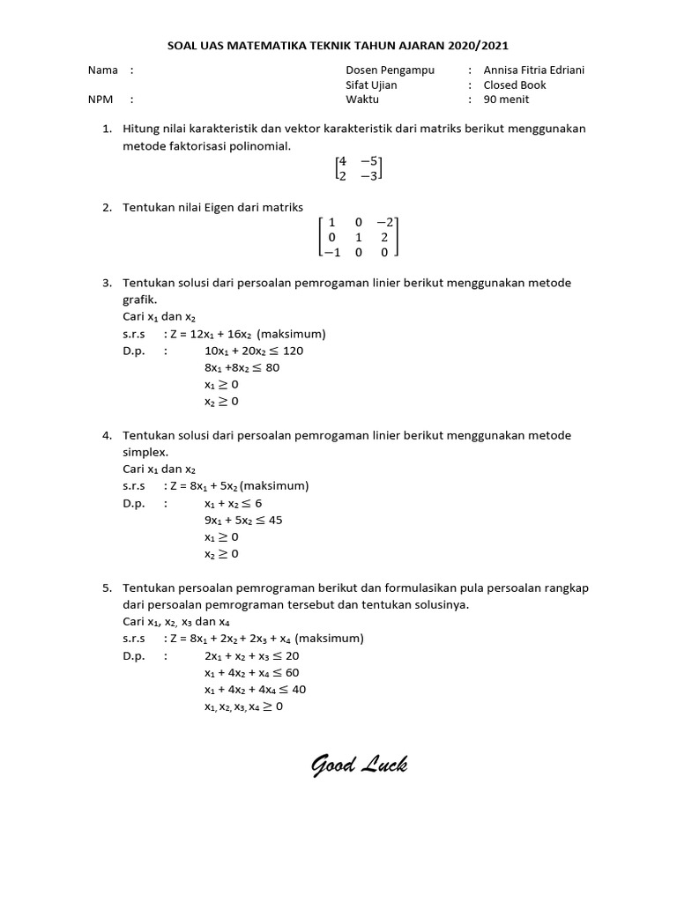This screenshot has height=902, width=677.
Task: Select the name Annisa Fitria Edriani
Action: [x=534, y=70]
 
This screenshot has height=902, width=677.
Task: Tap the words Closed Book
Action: [x=514, y=85]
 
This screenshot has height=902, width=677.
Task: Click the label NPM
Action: [x=101, y=100]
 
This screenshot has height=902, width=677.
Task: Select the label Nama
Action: [x=103, y=70]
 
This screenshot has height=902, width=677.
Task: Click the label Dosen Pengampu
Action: [x=390, y=70]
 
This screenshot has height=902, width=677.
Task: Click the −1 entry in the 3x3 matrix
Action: [x=331, y=251]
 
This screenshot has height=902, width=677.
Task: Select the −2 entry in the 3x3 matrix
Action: [x=385, y=222]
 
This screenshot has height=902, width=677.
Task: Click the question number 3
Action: [x=107, y=283]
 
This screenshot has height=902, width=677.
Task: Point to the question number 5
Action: [x=107, y=588]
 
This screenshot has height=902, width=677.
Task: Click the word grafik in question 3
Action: [x=138, y=299]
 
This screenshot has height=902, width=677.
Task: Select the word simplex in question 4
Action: [x=143, y=452]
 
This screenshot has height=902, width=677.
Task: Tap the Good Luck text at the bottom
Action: [x=359, y=765]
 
